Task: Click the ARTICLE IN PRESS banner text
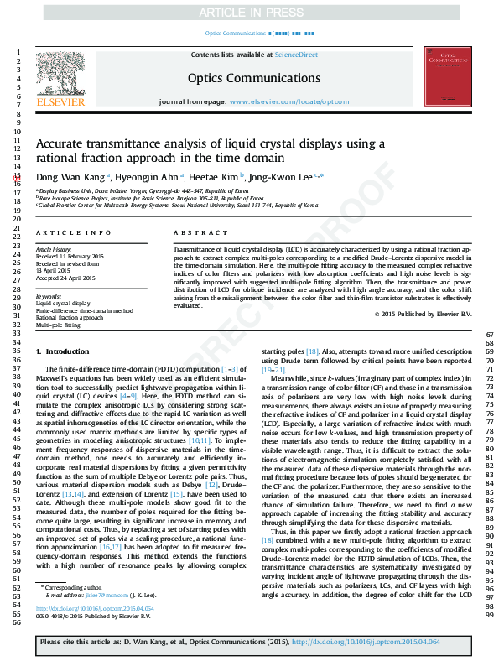[249, 13]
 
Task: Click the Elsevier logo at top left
[60, 80]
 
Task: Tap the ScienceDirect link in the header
[297, 55]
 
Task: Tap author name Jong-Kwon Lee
[281, 177]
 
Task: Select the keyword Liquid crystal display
[63, 304]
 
